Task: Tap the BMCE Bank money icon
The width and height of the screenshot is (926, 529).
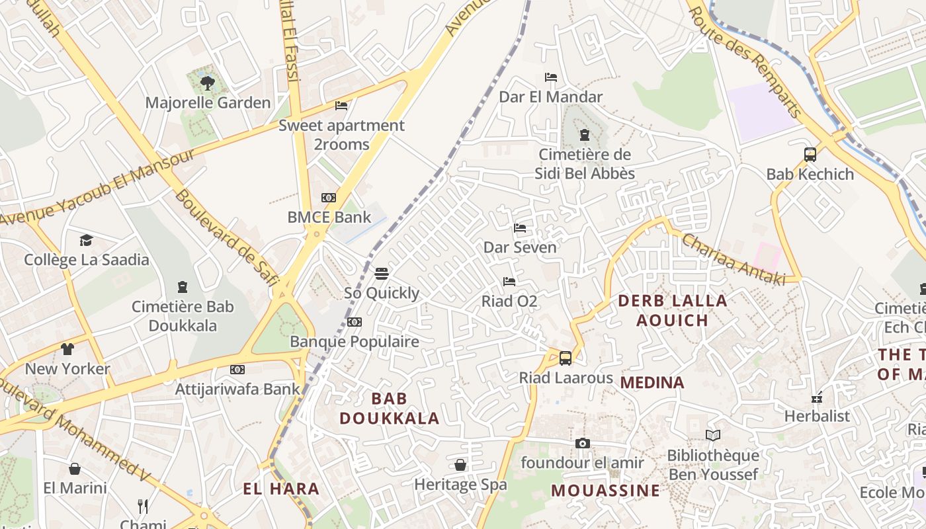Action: point(328,198)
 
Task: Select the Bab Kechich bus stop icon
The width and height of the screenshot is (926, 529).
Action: point(810,155)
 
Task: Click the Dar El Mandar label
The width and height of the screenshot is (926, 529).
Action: point(550,97)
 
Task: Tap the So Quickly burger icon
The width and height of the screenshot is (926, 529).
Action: point(381,274)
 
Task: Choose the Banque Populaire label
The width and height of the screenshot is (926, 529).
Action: point(355,342)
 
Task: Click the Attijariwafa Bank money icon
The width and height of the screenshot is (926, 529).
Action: point(237,370)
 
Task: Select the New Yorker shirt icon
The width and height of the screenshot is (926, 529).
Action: point(67,349)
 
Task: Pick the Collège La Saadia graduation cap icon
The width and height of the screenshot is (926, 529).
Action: point(86,240)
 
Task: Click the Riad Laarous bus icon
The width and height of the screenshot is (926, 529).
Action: point(566,358)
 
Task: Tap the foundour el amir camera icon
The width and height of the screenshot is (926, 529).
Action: point(582,443)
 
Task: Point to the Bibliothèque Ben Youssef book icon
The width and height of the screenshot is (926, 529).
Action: point(712,436)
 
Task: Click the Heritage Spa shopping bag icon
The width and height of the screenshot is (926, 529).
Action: point(460,465)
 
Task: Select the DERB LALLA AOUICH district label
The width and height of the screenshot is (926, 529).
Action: point(672,310)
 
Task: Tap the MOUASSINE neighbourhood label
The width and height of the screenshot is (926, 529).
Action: point(605,491)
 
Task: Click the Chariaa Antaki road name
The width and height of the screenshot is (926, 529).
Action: point(733,260)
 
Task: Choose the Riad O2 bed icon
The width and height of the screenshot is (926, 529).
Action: point(509,282)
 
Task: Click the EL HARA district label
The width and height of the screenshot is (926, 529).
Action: point(281,489)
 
